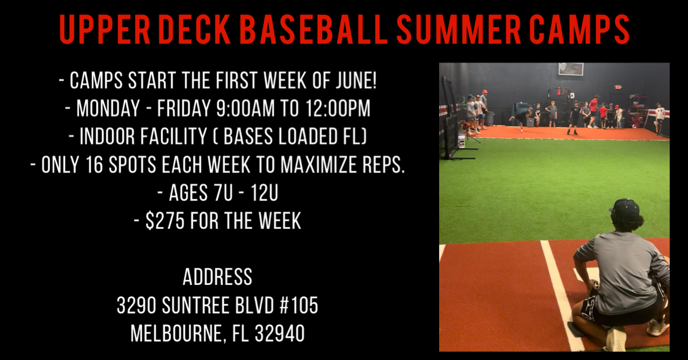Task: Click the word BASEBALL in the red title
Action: [313, 29]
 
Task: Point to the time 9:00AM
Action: [245, 108]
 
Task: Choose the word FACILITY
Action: [143, 136]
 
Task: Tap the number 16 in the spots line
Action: [94, 165]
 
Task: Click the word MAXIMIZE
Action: [318, 165]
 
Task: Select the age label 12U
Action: [264, 193]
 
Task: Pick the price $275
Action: [165, 221]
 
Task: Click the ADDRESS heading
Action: [217, 277]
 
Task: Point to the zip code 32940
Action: [280, 333]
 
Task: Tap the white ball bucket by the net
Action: [461, 140]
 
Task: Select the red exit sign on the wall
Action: [618, 87]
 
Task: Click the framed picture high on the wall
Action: [571, 69]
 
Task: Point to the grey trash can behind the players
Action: [490, 118]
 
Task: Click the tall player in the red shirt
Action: [593, 111]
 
